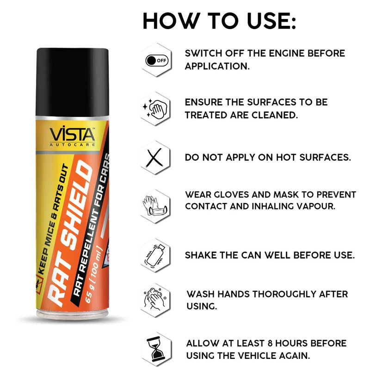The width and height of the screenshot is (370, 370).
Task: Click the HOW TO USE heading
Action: (219, 21)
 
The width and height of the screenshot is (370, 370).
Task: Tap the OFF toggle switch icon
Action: (156, 61)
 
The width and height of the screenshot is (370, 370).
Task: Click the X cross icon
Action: (154, 157)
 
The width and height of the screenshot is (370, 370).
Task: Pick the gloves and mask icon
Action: (155, 206)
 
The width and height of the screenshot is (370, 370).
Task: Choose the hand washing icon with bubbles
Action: (155, 299)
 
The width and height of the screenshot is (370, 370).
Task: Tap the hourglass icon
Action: (156, 350)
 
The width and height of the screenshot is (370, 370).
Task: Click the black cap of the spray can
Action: (73, 82)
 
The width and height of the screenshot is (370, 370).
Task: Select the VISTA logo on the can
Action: (73, 136)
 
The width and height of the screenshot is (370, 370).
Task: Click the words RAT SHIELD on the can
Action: (70, 233)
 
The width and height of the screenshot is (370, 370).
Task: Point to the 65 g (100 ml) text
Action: (94, 275)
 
